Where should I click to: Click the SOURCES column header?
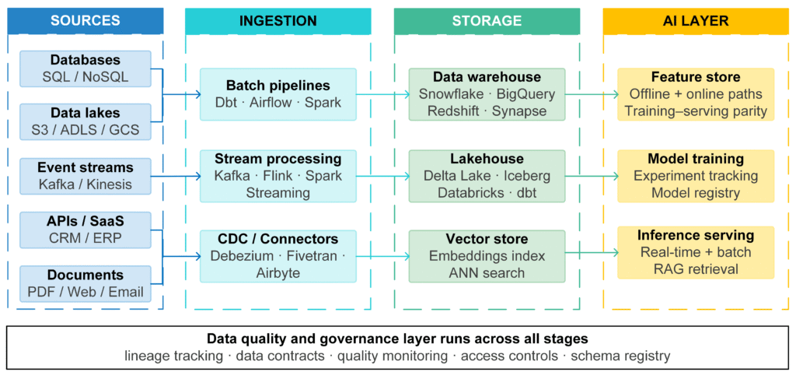click(86, 21)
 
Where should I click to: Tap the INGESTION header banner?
click(278, 21)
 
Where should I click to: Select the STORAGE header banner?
click(487, 21)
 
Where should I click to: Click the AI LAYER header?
click(696, 21)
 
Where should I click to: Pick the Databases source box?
click(86, 68)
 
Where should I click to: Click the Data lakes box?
click(86, 122)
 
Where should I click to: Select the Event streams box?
click(86, 176)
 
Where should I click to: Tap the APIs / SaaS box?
click(86, 230)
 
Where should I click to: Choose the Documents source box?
click(86, 283)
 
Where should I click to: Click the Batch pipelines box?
click(278, 94)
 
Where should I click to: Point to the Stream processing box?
click(278, 175)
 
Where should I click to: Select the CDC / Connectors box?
click(278, 256)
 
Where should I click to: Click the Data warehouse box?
click(487, 94)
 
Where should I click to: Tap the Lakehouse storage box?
click(487, 175)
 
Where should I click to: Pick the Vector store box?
click(487, 256)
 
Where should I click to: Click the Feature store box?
click(696, 94)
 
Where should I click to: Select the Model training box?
click(696, 175)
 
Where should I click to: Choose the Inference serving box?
click(696, 252)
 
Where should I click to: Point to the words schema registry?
click(620, 356)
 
